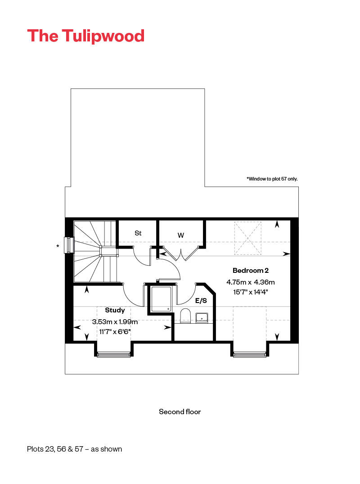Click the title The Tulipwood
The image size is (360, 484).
[86, 36]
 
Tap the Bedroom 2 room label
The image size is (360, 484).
[251, 271]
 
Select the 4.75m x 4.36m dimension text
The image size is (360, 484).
[251, 282]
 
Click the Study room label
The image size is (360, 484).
[115, 310]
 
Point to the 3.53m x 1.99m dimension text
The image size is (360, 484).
[115, 321]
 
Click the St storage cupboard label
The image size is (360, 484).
[138, 233]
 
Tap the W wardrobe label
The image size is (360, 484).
[181, 235]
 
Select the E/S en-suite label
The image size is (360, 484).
[201, 301]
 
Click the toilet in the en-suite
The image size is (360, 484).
[185, 316]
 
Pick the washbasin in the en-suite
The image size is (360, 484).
[202, 318]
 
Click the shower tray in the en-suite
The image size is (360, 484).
[161, 299]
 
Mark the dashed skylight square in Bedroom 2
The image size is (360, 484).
[247, 238]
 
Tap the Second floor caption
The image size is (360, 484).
[180, 412]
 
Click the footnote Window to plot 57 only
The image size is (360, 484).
[272, 179]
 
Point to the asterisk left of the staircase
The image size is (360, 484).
[58, 246]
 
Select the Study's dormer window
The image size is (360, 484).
[114, 354]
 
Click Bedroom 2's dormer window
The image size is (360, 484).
[250, 354]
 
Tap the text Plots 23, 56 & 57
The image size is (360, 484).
[55, 449]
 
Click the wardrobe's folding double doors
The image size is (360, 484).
[180, 253]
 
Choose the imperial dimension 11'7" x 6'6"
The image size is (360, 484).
[115, 332]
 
